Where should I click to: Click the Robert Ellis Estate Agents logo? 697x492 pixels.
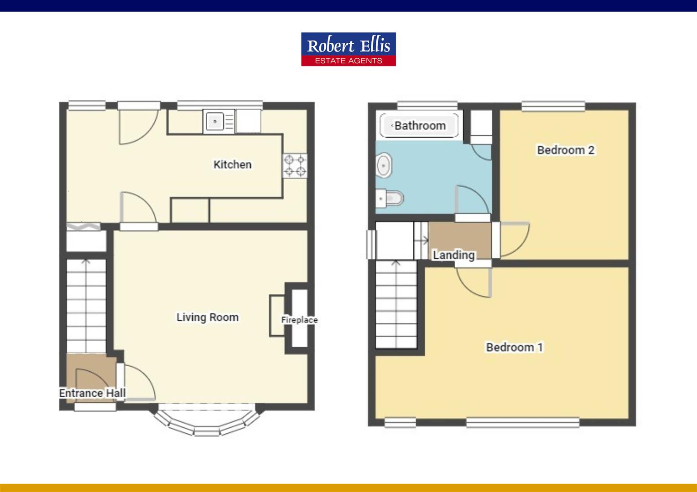(348, 49)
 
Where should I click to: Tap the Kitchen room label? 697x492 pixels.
(233, 164)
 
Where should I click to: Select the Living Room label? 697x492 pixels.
(208, 318)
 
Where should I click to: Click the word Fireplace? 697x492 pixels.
(299, 320)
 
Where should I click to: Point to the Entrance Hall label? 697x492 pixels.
(93, 393)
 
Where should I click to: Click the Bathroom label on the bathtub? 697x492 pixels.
(420, 126)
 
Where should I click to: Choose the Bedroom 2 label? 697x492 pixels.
(566, 150)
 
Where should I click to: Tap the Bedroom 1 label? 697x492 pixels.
(515, 347)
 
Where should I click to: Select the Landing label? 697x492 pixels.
(454, 255)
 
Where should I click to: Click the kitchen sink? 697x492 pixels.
(219, 122)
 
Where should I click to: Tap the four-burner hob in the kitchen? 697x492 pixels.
(295, 166)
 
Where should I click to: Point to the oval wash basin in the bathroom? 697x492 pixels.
(384, 165)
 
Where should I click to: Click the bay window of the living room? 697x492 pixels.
(207, 420)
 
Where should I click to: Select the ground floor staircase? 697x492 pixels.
(86, 306)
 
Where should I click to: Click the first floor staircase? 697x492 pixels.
(396, 304)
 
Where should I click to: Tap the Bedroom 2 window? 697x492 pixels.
(553, 106)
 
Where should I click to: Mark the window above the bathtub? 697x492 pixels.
(427, 106)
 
